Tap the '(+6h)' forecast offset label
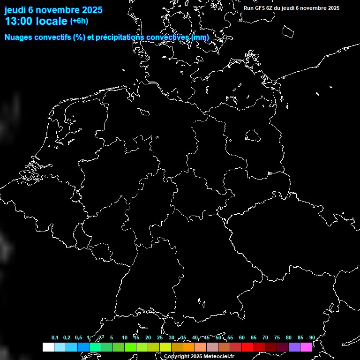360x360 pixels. point(79,21)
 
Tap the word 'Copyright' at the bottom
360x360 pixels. point(177,357)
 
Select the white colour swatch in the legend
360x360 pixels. point(48,347)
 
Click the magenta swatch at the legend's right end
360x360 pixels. point(306,347)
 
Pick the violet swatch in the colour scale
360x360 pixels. point(294,347)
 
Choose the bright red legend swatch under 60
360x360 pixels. point(247,347)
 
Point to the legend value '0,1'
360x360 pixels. point(55,337)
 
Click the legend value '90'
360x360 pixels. point(312,337)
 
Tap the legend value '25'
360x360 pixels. point(160,337)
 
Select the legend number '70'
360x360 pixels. point(265,337)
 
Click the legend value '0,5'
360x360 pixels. point(78,337)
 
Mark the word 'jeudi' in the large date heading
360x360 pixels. point(15,10)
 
